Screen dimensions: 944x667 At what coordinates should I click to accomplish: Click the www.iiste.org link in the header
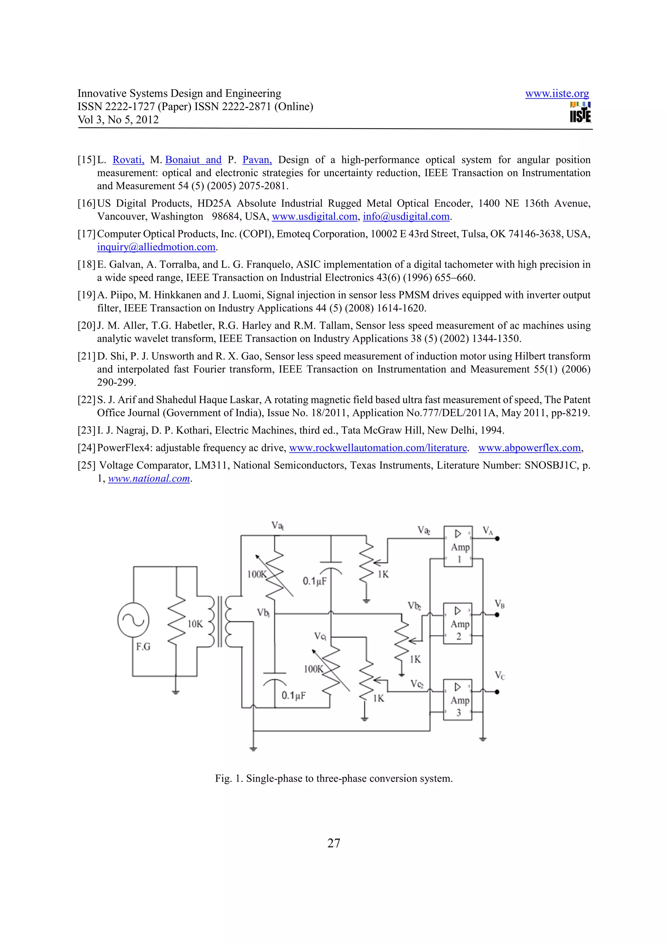pos(557,94)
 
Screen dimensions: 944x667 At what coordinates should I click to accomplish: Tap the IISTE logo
pos(580,113)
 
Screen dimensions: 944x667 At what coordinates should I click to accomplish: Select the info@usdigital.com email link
pos(406,217)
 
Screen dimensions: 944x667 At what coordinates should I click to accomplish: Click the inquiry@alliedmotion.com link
pos(156,247)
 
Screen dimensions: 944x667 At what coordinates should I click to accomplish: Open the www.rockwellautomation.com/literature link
pos(378,448)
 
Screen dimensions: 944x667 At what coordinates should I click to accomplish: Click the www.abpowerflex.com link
pos(529,448)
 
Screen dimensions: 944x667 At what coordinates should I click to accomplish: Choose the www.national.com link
pos(149,479)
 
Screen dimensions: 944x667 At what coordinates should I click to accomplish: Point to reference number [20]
pos(87,326)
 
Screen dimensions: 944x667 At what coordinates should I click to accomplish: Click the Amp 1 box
pos(458,546)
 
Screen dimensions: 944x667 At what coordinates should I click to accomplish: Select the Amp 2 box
pos(458,623)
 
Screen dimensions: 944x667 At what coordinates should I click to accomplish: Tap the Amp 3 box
pos(458,700)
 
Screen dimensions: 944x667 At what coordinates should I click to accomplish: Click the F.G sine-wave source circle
pos(133,620)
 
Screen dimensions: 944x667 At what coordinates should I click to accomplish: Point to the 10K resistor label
pos(195,624)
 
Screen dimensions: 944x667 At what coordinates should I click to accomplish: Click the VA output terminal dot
pos(497,538)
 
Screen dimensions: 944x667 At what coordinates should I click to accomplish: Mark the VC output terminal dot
pos(497,692)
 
